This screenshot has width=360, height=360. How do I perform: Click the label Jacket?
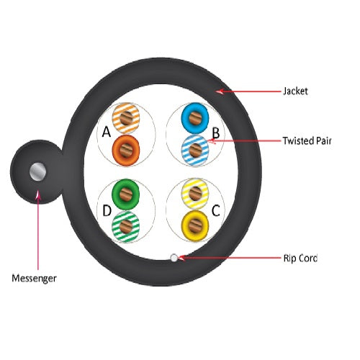[x=295, y=91]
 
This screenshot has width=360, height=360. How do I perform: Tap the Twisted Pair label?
[x=307, y=141]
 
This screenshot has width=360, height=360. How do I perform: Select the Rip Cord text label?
[x=300, y=258]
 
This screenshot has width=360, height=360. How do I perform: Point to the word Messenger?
[x=34, y=279]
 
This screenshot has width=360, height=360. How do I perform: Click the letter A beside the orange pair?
[x=107, y=132]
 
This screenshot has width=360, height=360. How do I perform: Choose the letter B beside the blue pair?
[x=216, y=132]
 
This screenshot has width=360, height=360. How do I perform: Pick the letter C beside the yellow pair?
[x=216, y=211]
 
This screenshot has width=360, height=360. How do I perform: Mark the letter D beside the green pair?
[x=107, y=211]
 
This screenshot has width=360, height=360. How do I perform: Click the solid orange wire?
[x=126, y=150]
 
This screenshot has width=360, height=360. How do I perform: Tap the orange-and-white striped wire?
[x=126, y=118]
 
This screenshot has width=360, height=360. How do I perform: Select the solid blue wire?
[x=195, y=118]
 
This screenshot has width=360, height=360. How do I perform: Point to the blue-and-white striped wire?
[x=195, y=150]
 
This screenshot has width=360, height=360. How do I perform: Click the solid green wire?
[x=125, y=194]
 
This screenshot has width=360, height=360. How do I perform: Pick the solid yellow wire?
[x=195, y=226]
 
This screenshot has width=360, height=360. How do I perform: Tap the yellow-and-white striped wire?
[x=195, y=194]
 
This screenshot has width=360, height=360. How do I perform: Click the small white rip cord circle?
[x=174, y=258]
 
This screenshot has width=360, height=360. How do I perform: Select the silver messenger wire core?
[x=37, y=172]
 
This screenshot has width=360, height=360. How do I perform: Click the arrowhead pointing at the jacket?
[x=220, y=91]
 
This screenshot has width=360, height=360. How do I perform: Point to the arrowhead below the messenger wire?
[x=38, y=194]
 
